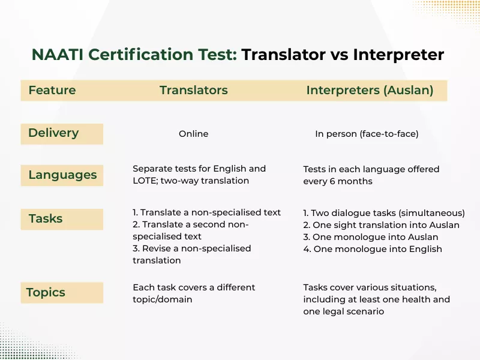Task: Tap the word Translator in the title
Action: pyautogui.click(x=284, y=55)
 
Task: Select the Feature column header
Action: pyautogui.click(x=52, y=91)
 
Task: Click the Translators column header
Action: pyautogui.click(x=193, y=91)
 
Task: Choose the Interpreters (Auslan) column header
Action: pyautogui.click(x=370, y=91)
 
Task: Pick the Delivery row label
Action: pyautogui.click(x=53, y=133)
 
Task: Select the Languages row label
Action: pyautogui.click(x=62, y=175)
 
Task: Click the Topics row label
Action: pyautogui.click(x=46, y=293)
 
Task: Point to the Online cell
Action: pyautogui.click(x=193, y=134)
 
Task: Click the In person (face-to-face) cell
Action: pyautogui.click(x=367, y=134)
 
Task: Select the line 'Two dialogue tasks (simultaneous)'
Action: pyautogui.click(x=384, y=213)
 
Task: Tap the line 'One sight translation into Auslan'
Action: pyautogui.click(x=382, y=225)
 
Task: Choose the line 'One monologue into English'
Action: pyautogui.click(x=373, y=248)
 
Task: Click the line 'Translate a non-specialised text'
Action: pyautogui.click(x=206, y=212)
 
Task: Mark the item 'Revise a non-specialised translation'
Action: pyautogui.click(x=192, y=254)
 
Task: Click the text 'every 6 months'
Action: pyautogui.click(x=337, y=181)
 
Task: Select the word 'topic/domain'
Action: pyautogui.click(x=162, y=299)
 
